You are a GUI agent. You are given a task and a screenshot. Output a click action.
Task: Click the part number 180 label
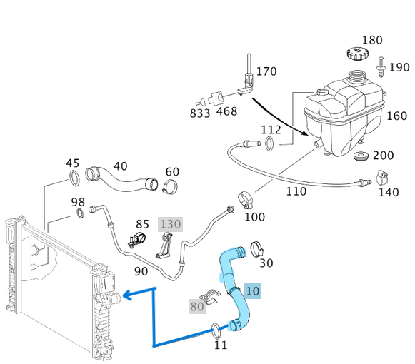click(x=372, y=40)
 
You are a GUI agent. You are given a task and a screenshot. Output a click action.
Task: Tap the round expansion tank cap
click(x=355, y=54)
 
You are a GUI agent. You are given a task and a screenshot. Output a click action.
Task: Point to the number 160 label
click(x=396, y=116)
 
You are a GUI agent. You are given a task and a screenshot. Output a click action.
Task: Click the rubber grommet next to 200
click(x=361, y=156)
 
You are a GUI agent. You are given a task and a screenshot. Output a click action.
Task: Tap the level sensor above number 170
click(x=247, y=75)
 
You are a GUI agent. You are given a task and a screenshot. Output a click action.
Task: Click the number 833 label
click(x=200, y=112)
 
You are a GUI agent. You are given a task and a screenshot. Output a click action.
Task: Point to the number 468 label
click(x=226, y=112)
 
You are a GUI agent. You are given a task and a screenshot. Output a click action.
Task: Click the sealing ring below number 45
click(x=74, y=176)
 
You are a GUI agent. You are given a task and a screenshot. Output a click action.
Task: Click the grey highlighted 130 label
click(x=170, y=223)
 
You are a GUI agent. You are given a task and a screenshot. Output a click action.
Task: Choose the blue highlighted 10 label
click(x=253, y=290)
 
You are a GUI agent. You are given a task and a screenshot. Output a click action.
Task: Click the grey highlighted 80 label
click(x=197, y=307)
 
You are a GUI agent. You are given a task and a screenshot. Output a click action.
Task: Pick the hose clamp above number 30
click(x=257, y=249)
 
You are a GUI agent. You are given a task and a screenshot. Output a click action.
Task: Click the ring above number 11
click(x=216, y=329)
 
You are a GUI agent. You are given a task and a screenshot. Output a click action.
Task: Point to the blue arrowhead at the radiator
click(x=124, y=294)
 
